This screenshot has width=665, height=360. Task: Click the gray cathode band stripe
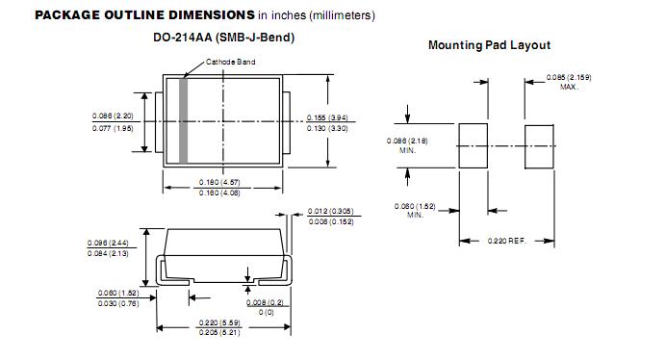183,121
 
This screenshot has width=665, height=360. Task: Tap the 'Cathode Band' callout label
230,62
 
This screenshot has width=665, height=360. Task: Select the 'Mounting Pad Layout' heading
490,45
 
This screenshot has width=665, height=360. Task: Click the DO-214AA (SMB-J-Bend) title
224,38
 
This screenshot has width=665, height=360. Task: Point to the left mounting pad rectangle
473,146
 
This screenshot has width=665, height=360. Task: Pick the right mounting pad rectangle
539,146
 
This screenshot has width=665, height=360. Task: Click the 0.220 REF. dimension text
507,241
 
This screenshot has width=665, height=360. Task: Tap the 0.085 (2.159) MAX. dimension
569,82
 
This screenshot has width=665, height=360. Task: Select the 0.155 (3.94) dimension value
327,117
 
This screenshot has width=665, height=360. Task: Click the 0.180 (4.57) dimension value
219,182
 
